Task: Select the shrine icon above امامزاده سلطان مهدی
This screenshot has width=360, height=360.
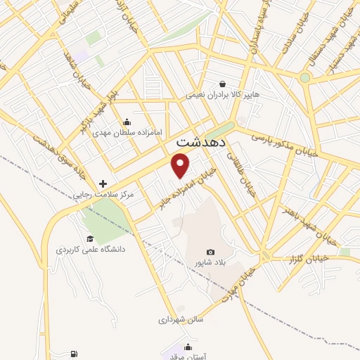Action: pyautogui.click(x=127, y=121)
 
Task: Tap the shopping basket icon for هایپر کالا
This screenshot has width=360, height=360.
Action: pyautogui.click(x=223, y=83)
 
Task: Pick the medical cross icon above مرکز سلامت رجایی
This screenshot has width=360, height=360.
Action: pyautogui.click(x=103, y=184)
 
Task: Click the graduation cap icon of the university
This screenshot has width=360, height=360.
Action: pyautogui.click(x=89, y=238)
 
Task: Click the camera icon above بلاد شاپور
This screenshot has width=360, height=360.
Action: pyautogui.click(x=210, y=252)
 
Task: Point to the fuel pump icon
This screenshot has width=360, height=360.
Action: pyautogui.click(x=74, y=354)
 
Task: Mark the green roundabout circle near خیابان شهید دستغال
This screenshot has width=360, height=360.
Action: pyautogui.click(x=304, y=77)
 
